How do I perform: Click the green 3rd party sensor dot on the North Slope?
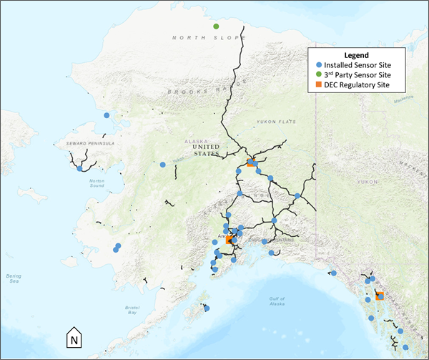(x=216, y=26)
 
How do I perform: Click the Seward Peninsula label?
(x=86, y=143)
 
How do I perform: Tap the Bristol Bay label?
(x=128, y=309)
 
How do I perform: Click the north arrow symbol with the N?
(x=75, y=336)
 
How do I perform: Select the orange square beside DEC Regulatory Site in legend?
(x=316, y=86)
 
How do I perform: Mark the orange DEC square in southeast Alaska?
(x=380, y=295)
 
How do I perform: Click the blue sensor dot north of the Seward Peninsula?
(x=107, y=115)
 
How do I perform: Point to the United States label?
(x=204, y=152)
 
